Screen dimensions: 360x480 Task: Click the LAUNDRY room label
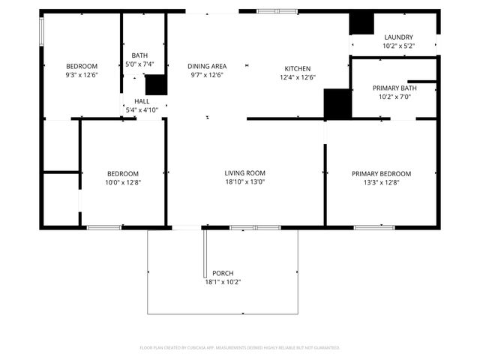(x=398, y=37)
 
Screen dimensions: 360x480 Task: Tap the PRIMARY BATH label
(x=394, y=88)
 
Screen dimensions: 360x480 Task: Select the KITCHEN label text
(x=297, y=68)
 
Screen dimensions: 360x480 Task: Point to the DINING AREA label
(x=207, y=66)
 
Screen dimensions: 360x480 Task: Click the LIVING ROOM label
(x=245, y=172)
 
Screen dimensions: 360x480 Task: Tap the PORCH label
(x=223, y=273)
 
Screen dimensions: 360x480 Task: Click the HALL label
(x=142, y=101)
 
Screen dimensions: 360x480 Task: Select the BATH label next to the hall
(x=139, y=55)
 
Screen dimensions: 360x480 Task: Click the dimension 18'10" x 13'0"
(x=245, y=181)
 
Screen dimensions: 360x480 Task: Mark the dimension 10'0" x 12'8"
(x=122, y=181)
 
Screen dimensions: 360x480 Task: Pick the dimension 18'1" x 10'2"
(x=223, y=282)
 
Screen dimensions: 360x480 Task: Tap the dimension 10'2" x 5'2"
(x=398, y=46)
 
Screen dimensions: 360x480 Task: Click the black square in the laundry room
(x=361, y=23)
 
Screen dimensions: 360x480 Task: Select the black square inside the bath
(x=155, y=85)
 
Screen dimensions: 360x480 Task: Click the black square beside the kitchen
(x=337, y=103)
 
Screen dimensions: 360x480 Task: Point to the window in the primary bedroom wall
(x=374, y=226)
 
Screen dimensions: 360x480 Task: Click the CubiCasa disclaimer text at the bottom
(x=240, y=347)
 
